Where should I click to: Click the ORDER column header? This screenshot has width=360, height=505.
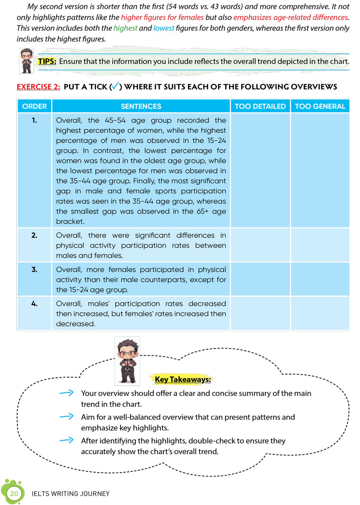point(34,106)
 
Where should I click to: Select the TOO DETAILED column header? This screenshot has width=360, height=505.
point(260,106)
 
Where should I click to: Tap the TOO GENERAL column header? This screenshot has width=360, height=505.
point(320,106)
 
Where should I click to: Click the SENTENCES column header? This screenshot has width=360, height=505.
point(141,106)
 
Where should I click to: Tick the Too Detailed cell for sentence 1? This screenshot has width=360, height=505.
point(260,170)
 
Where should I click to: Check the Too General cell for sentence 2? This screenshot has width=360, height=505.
point(320,245)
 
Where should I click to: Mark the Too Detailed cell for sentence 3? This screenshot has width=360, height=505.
point(260,279)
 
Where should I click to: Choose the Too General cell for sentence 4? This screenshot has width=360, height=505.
point(320,313)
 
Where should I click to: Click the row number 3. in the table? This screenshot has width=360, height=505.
point(34,269)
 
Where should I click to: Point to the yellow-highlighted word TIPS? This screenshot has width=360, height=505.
point(47,61)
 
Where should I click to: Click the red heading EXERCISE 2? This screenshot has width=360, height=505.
point(38,87)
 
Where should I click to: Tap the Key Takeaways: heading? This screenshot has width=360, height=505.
point(183,380)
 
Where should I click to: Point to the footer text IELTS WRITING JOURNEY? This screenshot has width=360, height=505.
point(71,494)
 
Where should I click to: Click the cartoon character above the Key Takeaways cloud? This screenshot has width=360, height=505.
point(127,361)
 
